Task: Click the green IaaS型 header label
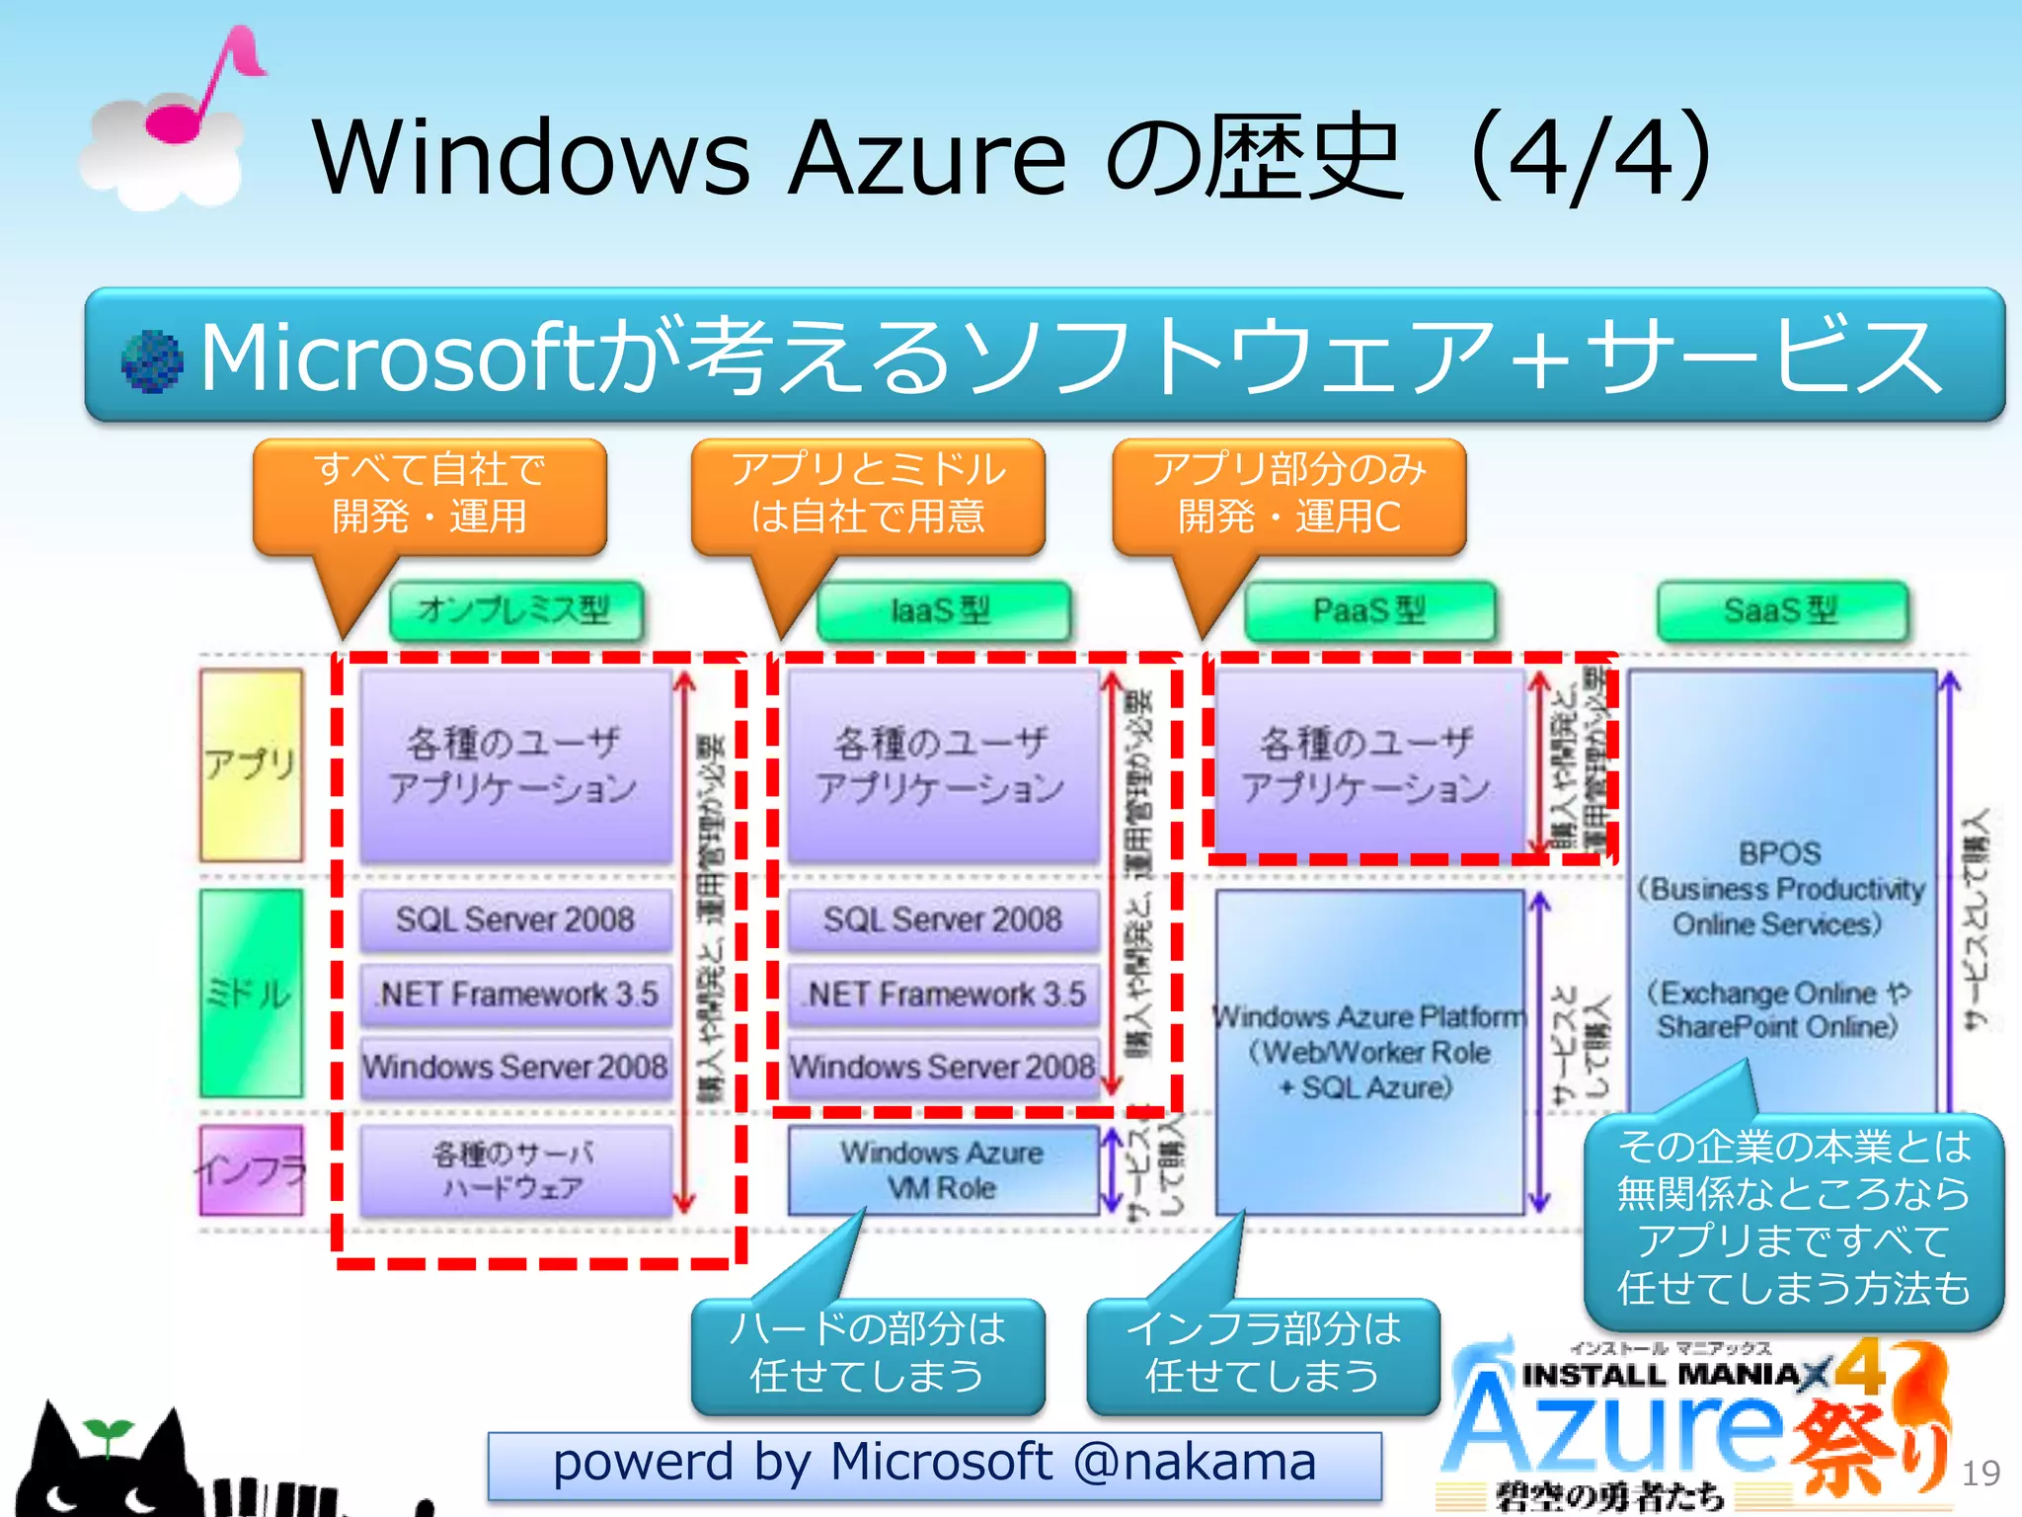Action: coord(942,610)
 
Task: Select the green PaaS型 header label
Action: coord(1369,610)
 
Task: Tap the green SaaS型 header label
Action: coord(1781,610)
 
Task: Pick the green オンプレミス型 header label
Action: coord(515,610)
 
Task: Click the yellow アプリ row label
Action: coord(251,764)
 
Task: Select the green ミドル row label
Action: coord(251,992)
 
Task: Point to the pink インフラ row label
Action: coord(251,1170)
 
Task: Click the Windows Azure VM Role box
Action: coord(942,1170)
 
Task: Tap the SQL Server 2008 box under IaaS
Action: coord(942,919)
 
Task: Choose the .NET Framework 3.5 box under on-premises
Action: coord(515,994)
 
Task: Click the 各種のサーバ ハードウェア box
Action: coord(515,1170)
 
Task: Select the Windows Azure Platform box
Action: coord(1369,1052)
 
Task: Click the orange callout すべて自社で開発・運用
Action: coord(429,494)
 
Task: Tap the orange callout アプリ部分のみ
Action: coord(1288,494)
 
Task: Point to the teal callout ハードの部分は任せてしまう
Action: coord(867,1354)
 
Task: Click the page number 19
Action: coord(1981,1474)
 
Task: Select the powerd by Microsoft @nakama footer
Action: coord(934,1464)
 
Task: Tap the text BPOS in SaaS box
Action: coord(1779,853)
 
